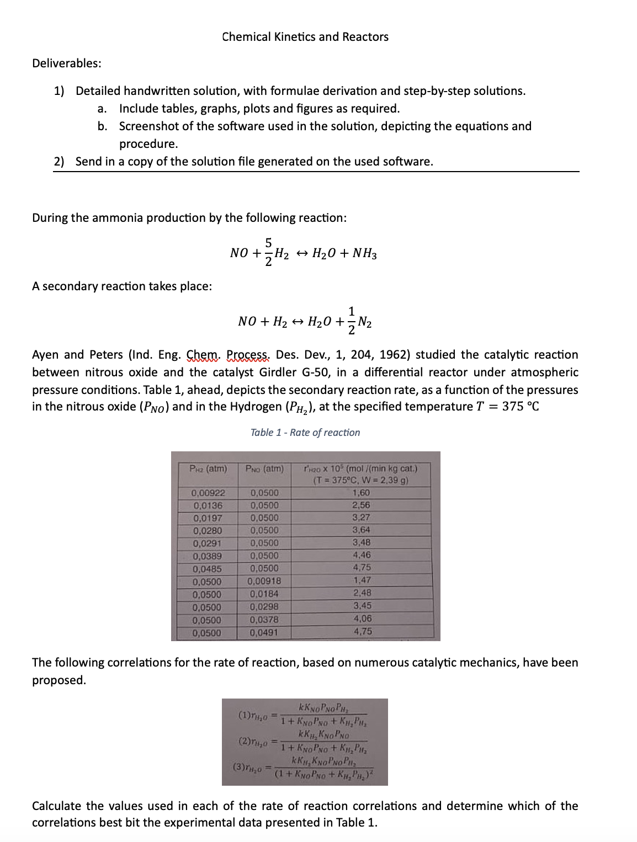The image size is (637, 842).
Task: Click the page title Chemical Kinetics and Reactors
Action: (x=305, y=37)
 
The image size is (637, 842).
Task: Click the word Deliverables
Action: (x=66, y=63)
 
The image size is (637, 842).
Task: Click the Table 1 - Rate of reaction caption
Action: (x=305, y=433)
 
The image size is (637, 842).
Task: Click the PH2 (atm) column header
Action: (x=208, y=469)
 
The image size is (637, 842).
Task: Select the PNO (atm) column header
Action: (x=264, y=469)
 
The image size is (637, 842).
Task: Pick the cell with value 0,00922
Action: (x=208, y=493)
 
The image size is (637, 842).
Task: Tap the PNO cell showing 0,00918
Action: (x=264, y=581)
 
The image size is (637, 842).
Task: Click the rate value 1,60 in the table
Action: (x=362, y=493)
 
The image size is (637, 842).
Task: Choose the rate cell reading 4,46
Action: (x=362, y=556)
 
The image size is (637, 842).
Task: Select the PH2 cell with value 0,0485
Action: (x=208, y=568)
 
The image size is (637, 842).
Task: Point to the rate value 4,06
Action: (x=362, y=619)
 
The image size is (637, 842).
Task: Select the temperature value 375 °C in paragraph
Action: (x=519, y=407)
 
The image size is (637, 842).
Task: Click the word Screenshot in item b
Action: (x=148, y=126)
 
